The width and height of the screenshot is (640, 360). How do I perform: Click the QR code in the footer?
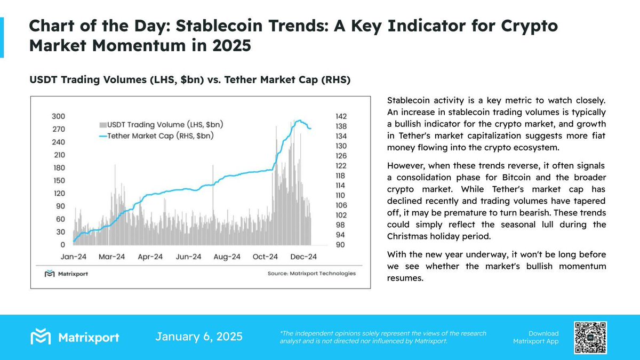pos(590,337)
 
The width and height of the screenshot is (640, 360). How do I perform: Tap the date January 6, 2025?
pos(199,337)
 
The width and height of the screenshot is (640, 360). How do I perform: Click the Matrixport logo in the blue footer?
pos(75,337)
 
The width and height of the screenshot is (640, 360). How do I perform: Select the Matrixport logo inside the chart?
pos(66,274)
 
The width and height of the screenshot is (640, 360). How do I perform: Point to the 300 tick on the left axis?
pos(59,116)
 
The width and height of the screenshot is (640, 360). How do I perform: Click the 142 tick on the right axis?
pos(340,116)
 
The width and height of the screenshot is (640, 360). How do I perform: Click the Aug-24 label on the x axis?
pos(227,257)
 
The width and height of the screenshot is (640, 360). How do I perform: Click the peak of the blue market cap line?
pos(300,121)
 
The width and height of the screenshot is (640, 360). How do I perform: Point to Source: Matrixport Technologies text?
pos(311,274)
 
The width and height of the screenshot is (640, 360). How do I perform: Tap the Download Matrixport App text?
pos(535,337)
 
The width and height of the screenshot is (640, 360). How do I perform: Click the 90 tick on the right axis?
pos(340,245)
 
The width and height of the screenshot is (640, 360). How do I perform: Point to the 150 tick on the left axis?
pos(59,181)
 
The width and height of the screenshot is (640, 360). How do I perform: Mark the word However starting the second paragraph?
pos(406,166)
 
